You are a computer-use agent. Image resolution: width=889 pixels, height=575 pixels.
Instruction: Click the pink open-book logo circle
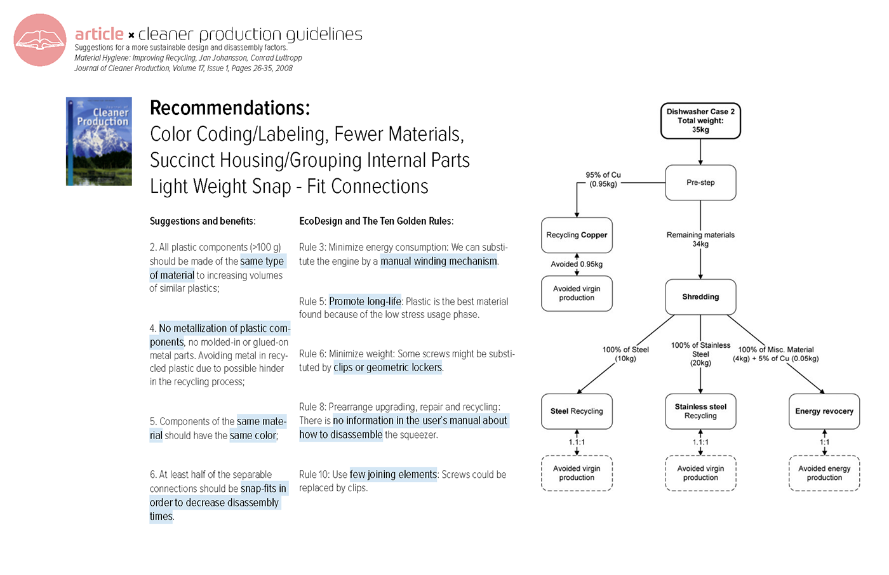pos(40,40)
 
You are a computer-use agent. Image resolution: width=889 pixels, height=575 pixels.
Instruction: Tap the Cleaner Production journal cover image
pos(99,141)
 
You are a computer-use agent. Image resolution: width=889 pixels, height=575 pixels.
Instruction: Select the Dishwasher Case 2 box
pos(700,121)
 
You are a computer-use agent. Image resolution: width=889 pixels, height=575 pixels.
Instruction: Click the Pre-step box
pos(700,183)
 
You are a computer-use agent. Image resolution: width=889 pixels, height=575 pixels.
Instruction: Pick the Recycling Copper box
pos(577,235)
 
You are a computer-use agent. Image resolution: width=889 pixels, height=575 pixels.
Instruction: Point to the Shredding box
pos(700,297)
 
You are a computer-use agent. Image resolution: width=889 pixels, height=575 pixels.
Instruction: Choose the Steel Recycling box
pos(577,411)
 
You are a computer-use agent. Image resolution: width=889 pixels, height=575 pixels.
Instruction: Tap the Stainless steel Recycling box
pos(700,411)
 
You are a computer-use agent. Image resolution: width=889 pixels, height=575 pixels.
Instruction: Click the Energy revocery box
pos(824,411)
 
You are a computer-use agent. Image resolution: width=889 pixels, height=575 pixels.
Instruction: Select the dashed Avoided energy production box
pos(824,473)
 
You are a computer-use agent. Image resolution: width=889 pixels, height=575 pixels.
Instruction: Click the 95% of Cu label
pos(603,180)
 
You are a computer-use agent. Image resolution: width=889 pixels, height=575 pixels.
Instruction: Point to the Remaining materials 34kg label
pos(700,239)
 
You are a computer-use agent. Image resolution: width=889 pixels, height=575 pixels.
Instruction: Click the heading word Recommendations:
pos(230,108)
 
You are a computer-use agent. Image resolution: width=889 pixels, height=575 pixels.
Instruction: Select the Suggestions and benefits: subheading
pos(203,221)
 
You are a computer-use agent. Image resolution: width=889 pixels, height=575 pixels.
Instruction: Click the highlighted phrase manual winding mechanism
pos(439,261)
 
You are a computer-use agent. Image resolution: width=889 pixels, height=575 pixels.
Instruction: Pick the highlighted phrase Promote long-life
pos(365,301)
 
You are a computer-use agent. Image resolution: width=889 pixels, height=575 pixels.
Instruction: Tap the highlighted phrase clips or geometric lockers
pos(388,367)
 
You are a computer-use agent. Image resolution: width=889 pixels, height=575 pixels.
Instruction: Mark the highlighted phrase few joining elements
pos(393,474)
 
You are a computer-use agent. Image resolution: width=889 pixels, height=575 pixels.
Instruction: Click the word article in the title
pos(99,34)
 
